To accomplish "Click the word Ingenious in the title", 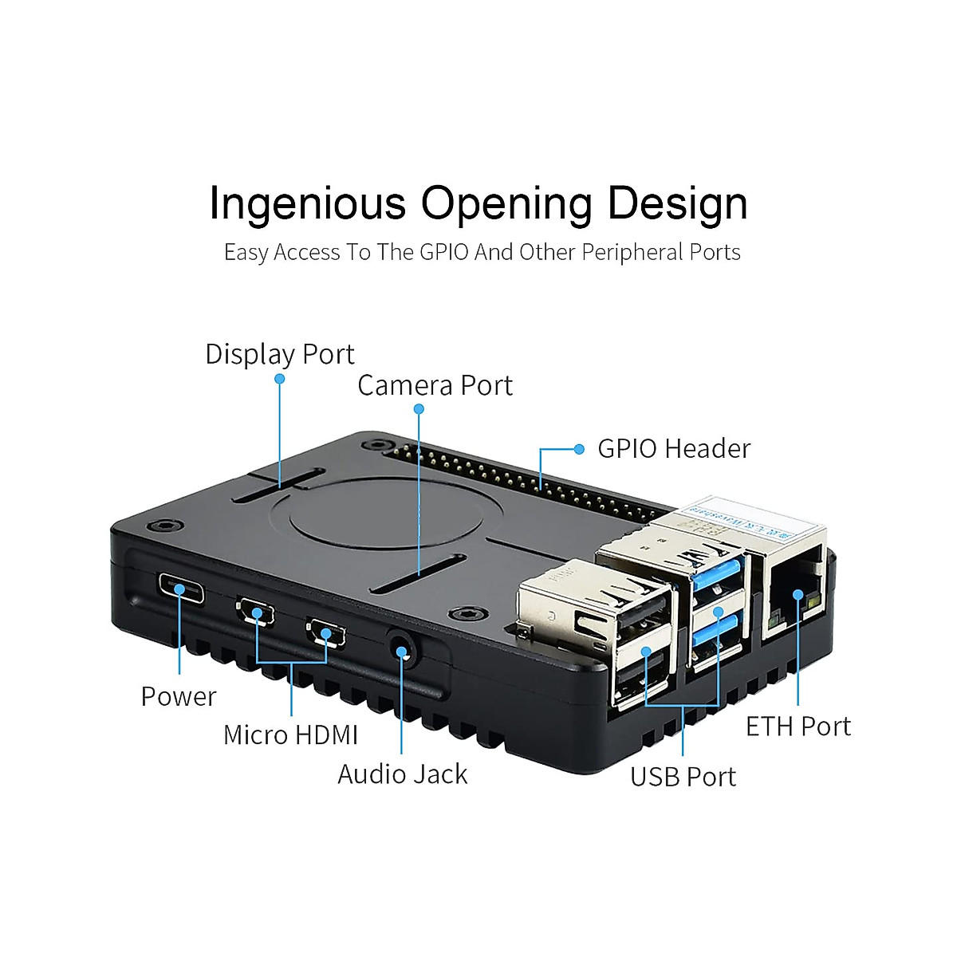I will (x=307, y=204).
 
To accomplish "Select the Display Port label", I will (x=279, y=354).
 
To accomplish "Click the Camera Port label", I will (x=435, y=385).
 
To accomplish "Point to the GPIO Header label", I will (x=674, y=449).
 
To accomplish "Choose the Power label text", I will (x=178, y=696).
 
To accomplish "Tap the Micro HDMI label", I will (x=290, y=734).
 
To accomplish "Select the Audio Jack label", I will (x=402, y=774).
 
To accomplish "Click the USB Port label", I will (x=683, y=777).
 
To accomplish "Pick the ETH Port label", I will (x=797, y=727).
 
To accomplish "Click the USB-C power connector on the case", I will (x=181, y=590).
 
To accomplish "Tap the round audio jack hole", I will (x=402, y=650).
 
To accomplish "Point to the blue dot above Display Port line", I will (x=280, y=379).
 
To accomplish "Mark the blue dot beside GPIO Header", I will (x=580, y=449).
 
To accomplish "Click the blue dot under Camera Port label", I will (x=419, y=409).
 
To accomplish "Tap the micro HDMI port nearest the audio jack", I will (x=325, y=633).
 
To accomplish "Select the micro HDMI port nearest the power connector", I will (x=255, y=613).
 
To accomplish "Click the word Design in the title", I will (x=677, y=204).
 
